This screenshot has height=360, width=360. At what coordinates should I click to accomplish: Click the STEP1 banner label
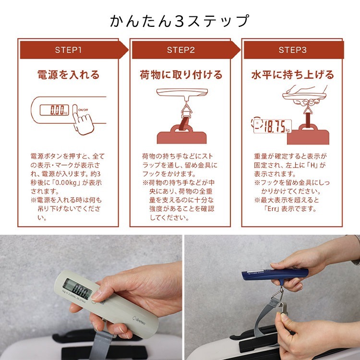68,50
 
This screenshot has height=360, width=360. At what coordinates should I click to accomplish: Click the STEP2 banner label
180,50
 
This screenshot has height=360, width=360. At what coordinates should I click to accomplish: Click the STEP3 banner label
292,50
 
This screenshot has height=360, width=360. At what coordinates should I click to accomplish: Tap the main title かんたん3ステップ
180,21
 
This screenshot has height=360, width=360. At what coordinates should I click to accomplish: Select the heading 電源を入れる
68,75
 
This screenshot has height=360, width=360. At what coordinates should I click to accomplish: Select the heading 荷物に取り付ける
181,75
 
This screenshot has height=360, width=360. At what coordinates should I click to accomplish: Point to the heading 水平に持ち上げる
292,75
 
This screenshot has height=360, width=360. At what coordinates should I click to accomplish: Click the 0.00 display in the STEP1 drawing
54,110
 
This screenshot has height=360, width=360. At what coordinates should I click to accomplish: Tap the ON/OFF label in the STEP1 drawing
83,110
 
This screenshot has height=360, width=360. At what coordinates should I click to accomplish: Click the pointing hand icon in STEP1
83,120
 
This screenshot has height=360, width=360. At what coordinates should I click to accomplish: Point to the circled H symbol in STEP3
257,123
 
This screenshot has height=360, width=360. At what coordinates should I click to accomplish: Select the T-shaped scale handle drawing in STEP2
182,94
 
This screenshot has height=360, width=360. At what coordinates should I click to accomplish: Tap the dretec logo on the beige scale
139,320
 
